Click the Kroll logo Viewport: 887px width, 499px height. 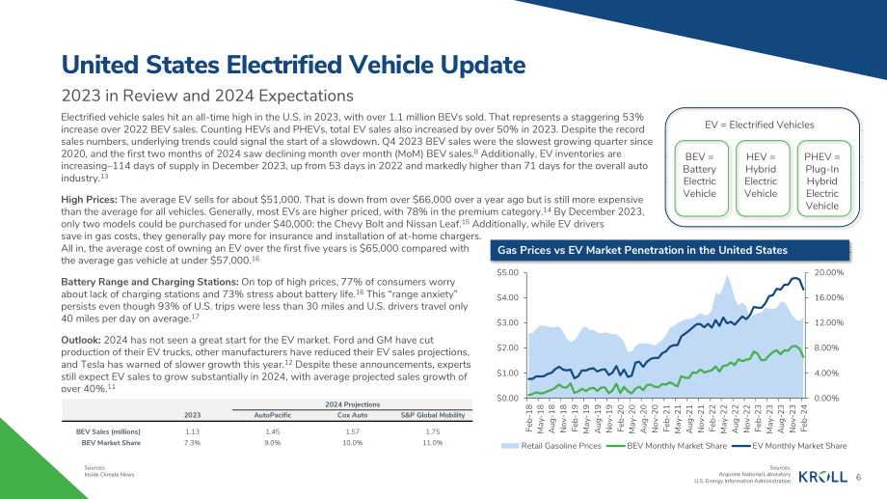click(822, 477)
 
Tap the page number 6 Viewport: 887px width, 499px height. click(858, 478)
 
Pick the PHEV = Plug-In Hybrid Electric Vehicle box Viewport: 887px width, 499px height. click(823, 178)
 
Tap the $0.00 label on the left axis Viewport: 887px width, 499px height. click(507, 399)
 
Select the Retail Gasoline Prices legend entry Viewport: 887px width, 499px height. click(551, 446)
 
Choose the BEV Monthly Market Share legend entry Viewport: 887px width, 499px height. click(666, 446)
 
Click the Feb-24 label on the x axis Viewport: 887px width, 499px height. click(804, 417)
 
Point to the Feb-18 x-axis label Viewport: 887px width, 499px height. click(529, 417)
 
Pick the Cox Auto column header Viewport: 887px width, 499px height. click(353, 415)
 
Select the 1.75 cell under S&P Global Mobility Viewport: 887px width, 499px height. click(432, 431)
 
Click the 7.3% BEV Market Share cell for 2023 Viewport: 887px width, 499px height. click(192, 443)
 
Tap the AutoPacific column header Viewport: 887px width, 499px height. click(273, 415)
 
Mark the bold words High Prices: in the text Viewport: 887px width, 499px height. click(89, 200)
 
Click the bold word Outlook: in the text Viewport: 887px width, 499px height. click(81, 340)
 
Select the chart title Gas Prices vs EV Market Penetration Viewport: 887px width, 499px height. click(642, 250)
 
